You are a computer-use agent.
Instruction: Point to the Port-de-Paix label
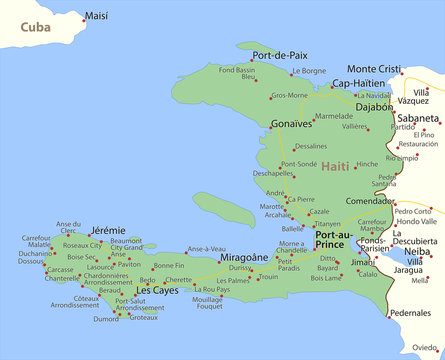pyautogui.click(x=280, y=56)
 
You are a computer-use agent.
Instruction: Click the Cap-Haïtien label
pyautogui.click(x=358, y=83)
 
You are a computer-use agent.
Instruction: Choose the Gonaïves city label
pyautogui.click(x=291, y=124)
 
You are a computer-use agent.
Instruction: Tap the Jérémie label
pyautogui.click(x=108, y=230)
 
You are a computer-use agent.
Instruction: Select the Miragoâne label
pyautogui.click(x=244, y=257)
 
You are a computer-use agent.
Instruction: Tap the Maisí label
pyautogui.click(x=97, y=16)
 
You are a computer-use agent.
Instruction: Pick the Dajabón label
pyautogui.click(x=373, y=106)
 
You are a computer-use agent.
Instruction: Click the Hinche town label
pyautogui.click(x=367, y=164)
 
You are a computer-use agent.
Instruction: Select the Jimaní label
pyautogui.click(x=363, y=262)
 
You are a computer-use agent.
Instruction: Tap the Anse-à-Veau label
pyautogui.click(x=206, y=248)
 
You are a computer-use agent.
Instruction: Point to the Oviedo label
pyautogui.click(x=424, y=347)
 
